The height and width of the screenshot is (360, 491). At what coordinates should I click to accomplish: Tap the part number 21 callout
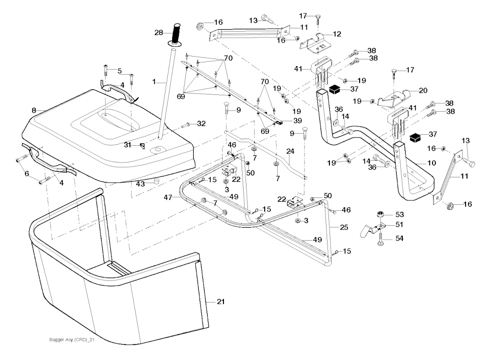click(220, 302)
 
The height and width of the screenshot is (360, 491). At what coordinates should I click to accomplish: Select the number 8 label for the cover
click(34, 110)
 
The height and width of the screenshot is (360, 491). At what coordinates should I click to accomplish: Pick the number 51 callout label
click(398, 224)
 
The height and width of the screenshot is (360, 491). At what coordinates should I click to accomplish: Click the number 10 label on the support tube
click(432, 163)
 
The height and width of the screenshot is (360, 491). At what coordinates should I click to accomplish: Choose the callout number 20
click(423, 90)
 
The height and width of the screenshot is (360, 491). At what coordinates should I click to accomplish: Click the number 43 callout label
click(140, 184)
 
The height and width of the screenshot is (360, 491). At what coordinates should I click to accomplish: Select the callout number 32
click(201, 124)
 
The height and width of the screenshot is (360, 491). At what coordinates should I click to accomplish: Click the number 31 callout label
click(127, 145)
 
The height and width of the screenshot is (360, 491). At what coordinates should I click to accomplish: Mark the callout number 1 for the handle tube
click(154, 82)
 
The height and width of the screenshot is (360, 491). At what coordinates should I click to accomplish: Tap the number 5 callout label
click(119, 71)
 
